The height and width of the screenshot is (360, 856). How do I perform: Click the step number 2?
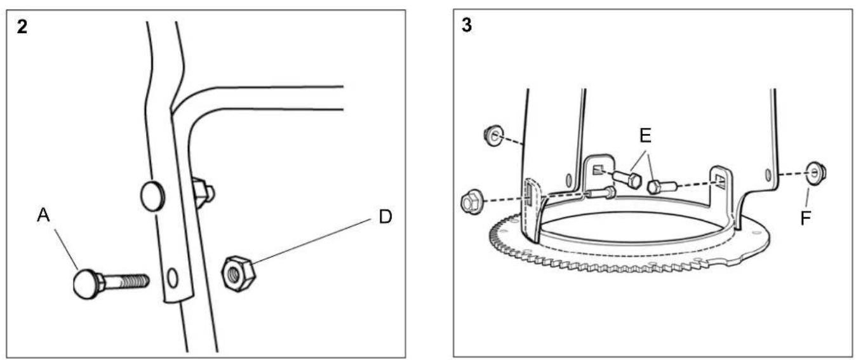click(x=22, y=27)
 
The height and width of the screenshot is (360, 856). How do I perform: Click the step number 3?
click(x=467, y=25)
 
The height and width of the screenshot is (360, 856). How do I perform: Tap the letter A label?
click(x=43, y=215)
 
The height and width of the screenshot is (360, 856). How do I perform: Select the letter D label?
click(x=385, y=217)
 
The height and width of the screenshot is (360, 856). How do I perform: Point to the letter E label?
click(x=645, y=136)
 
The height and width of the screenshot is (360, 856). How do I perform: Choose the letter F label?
click(x=806, y=218)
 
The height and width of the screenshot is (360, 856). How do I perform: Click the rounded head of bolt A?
click(x=86, y=284)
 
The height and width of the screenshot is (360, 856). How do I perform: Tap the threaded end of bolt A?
click(x=136, y=281)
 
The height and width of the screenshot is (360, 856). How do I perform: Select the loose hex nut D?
click(x=239, y=274)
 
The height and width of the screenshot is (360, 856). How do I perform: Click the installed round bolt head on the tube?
click(x=152, y=196)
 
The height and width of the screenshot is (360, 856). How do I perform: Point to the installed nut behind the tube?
click(x=203, y=193)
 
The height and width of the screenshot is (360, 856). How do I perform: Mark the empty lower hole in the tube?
click(x=173, y=278)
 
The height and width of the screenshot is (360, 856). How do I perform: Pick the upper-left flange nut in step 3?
click(x=494, y=136)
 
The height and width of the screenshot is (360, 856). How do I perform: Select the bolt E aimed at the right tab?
click(x=663, y=187)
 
